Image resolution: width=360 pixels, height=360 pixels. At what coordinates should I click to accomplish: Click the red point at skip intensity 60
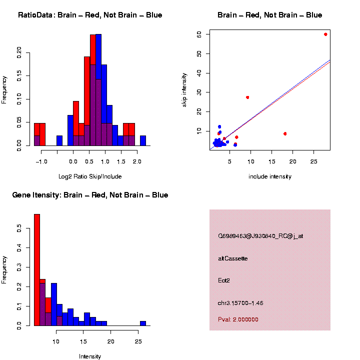325,34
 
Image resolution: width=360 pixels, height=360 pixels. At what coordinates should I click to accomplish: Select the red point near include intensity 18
285,133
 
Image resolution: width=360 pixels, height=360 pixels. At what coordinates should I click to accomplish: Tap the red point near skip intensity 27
247,97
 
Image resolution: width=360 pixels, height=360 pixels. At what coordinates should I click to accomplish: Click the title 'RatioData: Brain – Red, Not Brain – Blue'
90,15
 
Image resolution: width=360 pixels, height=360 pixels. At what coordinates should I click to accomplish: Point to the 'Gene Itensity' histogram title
90,195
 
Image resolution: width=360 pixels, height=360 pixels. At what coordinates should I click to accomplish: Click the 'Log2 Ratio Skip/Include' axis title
90,176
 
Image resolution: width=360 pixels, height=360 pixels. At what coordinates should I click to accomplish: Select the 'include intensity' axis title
270,176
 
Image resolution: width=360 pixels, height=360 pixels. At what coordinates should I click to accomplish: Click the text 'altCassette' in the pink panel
233,258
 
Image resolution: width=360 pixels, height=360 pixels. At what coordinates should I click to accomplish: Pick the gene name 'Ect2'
224,280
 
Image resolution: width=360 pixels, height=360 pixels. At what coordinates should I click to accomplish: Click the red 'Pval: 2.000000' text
238,319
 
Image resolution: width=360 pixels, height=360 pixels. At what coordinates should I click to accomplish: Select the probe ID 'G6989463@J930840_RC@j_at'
260,236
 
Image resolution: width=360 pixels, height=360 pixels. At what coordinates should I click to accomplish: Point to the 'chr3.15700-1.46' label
240,303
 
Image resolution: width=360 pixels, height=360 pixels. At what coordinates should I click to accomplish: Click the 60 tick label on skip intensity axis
198,34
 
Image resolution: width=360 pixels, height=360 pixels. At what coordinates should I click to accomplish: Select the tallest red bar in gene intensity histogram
37,269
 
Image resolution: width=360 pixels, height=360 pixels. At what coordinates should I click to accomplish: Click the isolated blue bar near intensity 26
143,323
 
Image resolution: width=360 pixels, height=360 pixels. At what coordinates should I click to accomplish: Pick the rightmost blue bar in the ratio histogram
143,140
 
